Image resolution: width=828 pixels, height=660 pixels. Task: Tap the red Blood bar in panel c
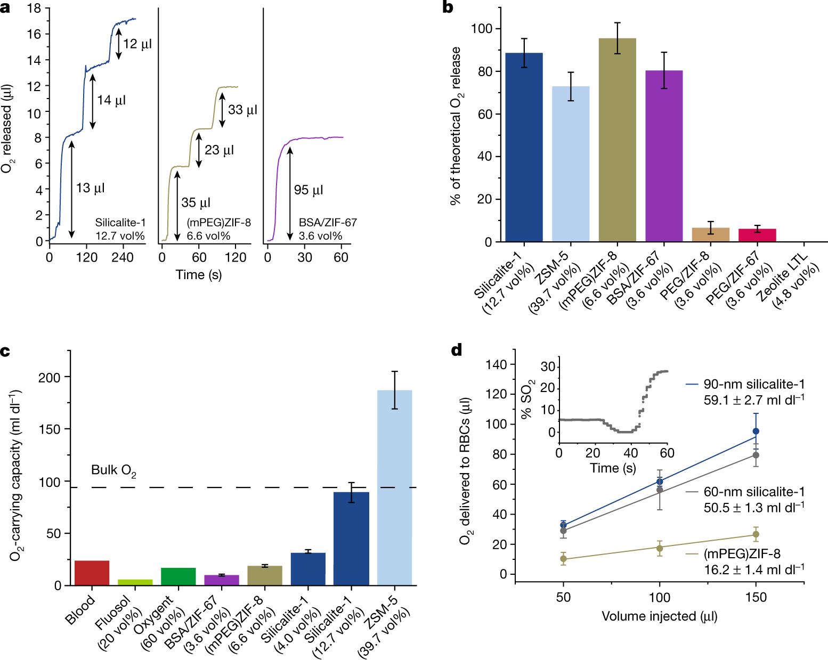(x=92, y=573)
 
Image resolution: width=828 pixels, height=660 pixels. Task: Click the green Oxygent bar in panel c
(x=178, y=577)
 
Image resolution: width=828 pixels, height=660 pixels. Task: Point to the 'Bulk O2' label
(x=113, y=470)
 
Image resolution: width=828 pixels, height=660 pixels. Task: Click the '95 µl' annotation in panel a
(x=309, y=190)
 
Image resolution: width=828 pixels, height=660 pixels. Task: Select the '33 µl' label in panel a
(x=242, y=110)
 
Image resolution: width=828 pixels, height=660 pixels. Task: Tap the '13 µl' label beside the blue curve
(x=90, y=188)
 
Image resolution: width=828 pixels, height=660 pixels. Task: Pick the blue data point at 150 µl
(x=756, y=431)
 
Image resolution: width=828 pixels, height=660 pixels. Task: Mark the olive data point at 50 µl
(x=563, y=559)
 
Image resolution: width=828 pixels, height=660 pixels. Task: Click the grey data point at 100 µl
(x=660, y=490)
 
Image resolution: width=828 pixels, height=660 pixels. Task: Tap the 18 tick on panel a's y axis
(x=34, y=9)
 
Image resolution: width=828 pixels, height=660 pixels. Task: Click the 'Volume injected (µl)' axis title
(x=659, y=616)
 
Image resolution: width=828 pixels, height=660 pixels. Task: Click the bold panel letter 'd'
(x=457, y=350)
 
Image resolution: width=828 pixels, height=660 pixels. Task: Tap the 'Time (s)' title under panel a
(x=198, y=275)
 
